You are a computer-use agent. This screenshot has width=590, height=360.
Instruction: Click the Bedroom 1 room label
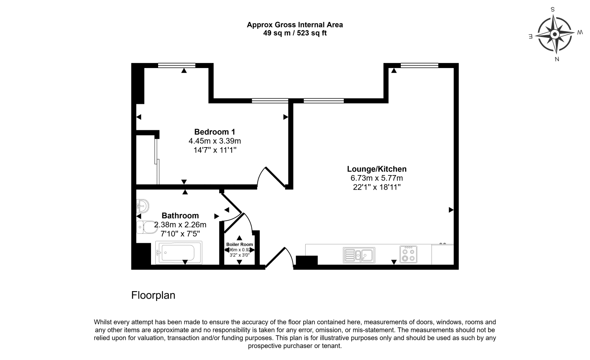click(x=215, y=132)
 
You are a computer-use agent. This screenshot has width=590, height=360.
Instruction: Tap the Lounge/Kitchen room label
click(x=376, y=169)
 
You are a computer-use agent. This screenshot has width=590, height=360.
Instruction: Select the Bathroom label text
click(x=180, y=216)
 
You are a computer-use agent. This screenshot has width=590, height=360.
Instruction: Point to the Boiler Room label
click(x=240, y=244)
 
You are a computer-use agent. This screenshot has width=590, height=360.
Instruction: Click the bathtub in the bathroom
click(x=179, y=252)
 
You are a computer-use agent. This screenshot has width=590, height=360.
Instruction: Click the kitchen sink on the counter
click(x=359, y=255)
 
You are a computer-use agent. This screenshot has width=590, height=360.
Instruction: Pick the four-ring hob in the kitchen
click(x=409, y=254)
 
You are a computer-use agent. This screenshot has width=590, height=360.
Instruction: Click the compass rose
click(x=555, y=34)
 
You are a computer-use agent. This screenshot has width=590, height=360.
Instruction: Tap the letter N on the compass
click(x=557, y=59)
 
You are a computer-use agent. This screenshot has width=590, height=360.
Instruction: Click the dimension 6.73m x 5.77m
click(x=376, y=178)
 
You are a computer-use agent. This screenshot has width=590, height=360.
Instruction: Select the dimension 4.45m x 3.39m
click(x=215, y=141)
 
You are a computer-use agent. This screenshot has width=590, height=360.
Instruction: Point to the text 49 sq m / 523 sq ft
click(x=295, y=33)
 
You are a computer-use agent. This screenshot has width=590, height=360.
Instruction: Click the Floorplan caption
click(x=153, y=295)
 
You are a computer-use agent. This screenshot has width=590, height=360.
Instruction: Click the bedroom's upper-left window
click(x=177, y=66)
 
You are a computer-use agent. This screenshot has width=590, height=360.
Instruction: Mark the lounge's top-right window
click(x=419, y=66)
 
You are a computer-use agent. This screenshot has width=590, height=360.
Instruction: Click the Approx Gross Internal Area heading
click(x=295, y=25)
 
